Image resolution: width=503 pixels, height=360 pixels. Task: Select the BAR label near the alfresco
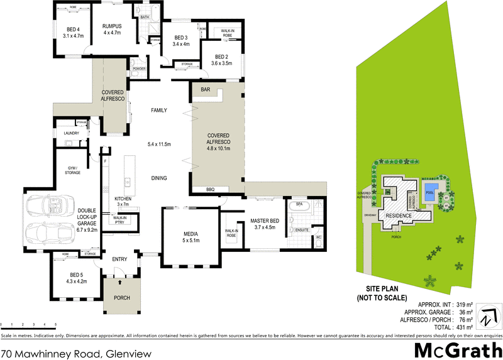coord(205,90)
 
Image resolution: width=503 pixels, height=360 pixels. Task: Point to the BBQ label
coord(210,189)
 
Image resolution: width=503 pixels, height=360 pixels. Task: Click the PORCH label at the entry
coord(121,298)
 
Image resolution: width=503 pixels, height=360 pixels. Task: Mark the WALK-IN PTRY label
coord(121,220)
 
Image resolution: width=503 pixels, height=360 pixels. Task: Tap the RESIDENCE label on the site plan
coord(398,215)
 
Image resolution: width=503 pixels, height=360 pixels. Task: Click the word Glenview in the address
coord(129,354)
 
